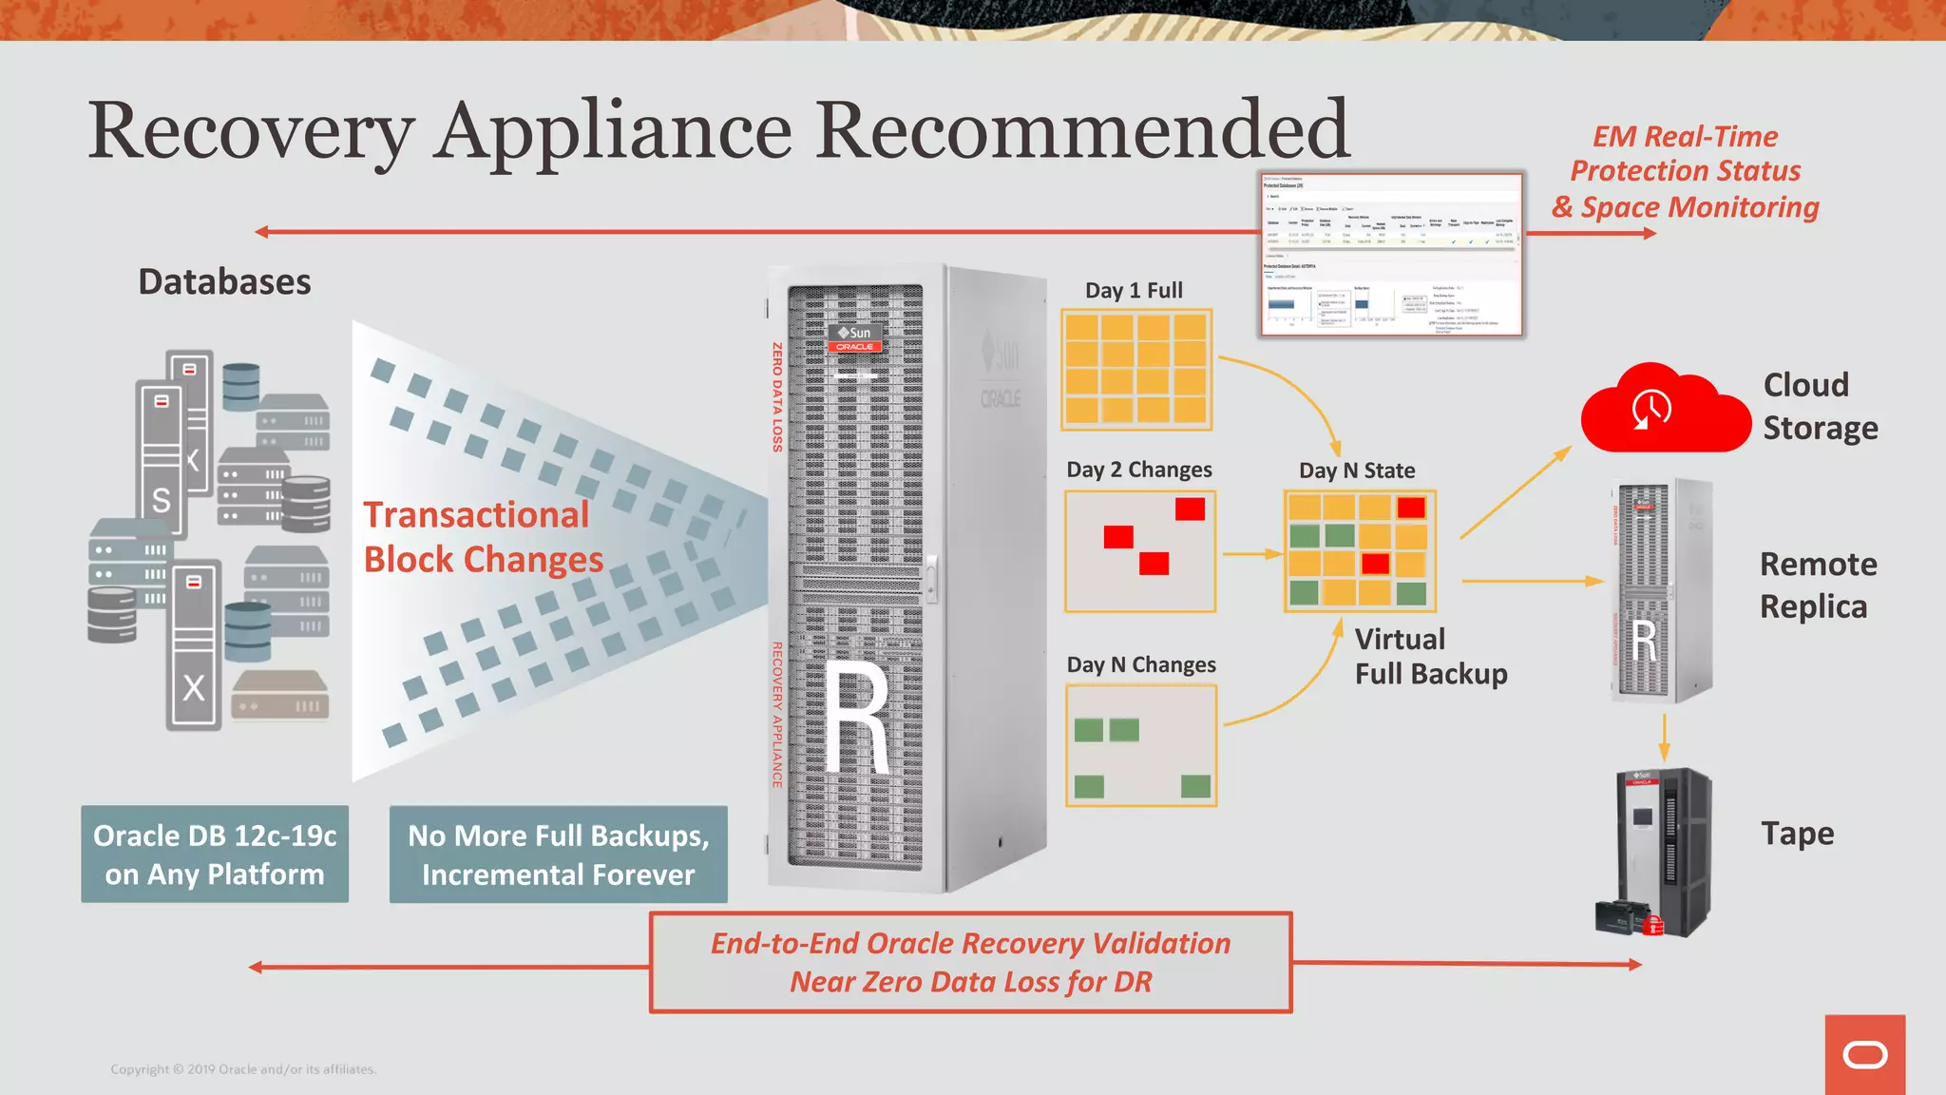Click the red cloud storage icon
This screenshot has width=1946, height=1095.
[1665, 409]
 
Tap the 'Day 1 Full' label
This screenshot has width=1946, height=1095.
[1134, 291]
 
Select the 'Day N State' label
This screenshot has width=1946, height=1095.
[1357, 471]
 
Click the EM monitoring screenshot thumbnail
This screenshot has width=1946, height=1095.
[1392, 255]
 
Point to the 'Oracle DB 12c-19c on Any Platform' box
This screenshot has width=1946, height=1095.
[215, 855]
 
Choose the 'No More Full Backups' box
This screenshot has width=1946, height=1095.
[559, 855]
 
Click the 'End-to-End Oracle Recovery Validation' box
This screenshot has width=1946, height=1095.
[970, 962]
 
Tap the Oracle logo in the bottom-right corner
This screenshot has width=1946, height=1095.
[1864, 1054]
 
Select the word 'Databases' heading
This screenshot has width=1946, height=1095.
[224, 282]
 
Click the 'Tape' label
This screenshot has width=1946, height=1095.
[1797, 834]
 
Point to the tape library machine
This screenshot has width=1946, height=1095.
[1658, 853]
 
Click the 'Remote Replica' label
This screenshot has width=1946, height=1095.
[1817, 586]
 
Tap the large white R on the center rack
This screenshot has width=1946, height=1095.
[856, 718]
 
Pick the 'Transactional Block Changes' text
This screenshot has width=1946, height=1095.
[483, 537]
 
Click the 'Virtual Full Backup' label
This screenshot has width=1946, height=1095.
[1430, 656]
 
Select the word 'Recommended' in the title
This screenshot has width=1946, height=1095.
[1082, 130]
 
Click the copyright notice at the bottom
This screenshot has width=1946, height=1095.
[243, 1069]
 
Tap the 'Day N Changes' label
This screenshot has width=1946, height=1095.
[1141, 664]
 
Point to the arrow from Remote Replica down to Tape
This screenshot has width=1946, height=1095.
[1664, 736]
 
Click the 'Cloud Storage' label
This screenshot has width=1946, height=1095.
[1820, 406]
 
